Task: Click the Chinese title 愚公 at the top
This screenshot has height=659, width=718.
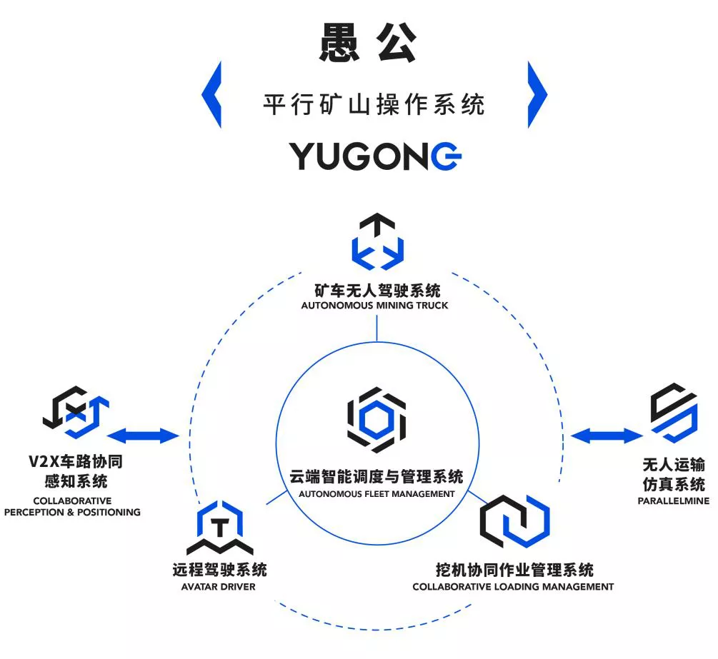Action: click(x=367, y=45)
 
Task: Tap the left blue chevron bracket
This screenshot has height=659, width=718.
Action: click(x=211, y=95)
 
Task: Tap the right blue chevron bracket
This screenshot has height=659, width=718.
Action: click(x=537, y=95)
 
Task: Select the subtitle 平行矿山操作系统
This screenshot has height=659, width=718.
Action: click(x=374, y=105)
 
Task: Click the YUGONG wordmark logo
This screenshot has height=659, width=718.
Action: click(x=375, y=156)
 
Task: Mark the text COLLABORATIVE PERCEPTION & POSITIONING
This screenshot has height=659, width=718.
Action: click(x=72, y=506)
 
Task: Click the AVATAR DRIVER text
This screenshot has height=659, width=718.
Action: click(x=219, y=587)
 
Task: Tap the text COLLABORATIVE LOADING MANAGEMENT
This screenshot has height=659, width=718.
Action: click(x=513, y=587)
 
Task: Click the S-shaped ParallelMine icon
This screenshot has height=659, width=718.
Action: click(x=673, y=412)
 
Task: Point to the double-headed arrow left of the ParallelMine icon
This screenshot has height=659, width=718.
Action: click(x=607, y=434)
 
